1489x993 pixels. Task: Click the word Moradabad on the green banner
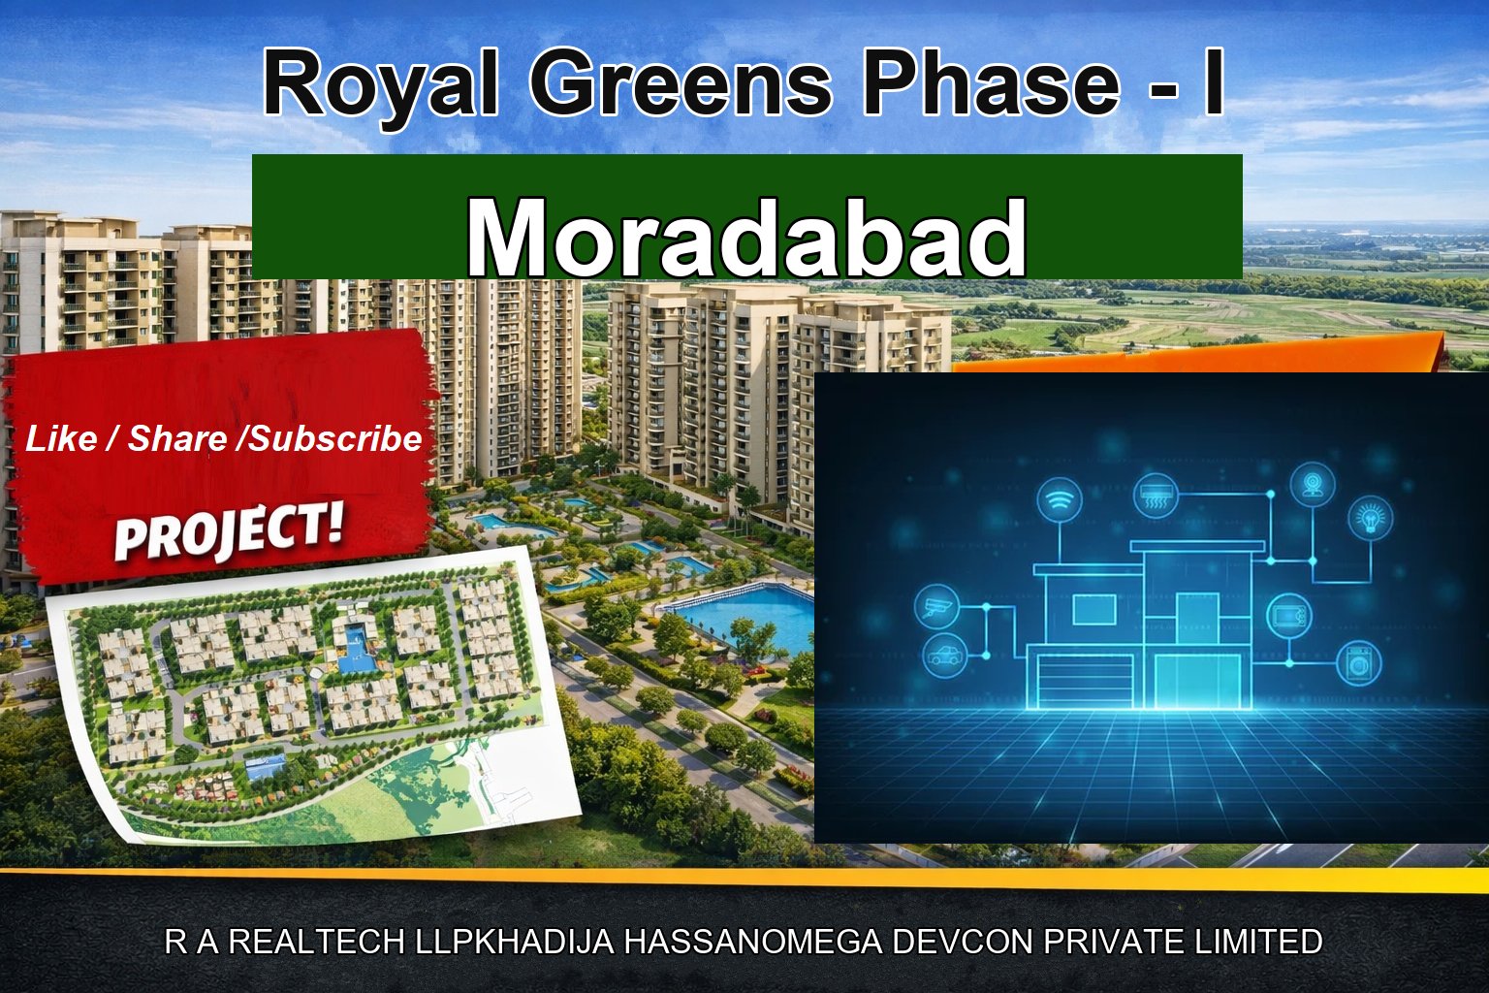(746, 239)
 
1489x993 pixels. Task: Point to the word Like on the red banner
(61, 439)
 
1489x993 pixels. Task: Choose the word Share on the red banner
(177, 439)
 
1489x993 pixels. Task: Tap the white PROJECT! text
(229, 532)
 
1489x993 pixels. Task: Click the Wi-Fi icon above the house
(1060, 501)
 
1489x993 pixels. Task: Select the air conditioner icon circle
(1156, 495)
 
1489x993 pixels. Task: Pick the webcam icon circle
(1313, 483)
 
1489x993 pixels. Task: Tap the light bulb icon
(1371, 517)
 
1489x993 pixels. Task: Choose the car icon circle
(944, 656)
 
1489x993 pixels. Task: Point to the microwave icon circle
(1289, 616)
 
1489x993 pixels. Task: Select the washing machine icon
(1359, 664)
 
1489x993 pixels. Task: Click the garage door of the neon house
(1086, 683)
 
